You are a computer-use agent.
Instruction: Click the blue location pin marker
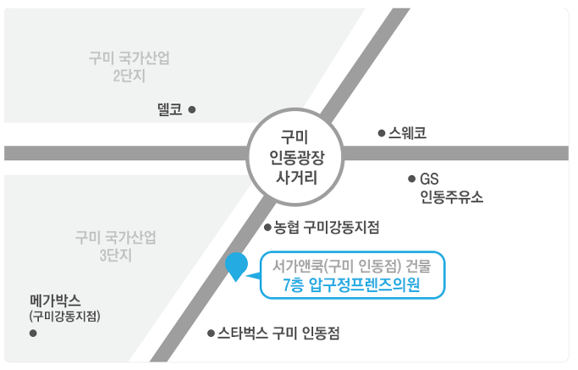(237, 266)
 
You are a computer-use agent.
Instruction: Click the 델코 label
(170, 109)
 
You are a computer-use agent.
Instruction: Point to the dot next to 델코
(192, 109)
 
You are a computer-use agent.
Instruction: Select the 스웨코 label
(408, 133)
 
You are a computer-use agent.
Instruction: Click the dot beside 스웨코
(381, 133)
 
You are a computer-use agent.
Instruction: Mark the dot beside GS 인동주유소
(412, 179)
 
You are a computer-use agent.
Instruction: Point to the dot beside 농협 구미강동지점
(267, 228)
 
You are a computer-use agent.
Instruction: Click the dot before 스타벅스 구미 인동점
(210, 334)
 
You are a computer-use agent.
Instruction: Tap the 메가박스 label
(55, 301)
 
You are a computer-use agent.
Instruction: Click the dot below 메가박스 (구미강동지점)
(33, 334)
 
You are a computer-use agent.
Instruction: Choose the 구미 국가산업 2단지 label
(129, 67)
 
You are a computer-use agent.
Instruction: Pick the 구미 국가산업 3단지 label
(116, 246)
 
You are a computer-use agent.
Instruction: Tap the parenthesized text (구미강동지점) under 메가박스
(64, 316)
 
